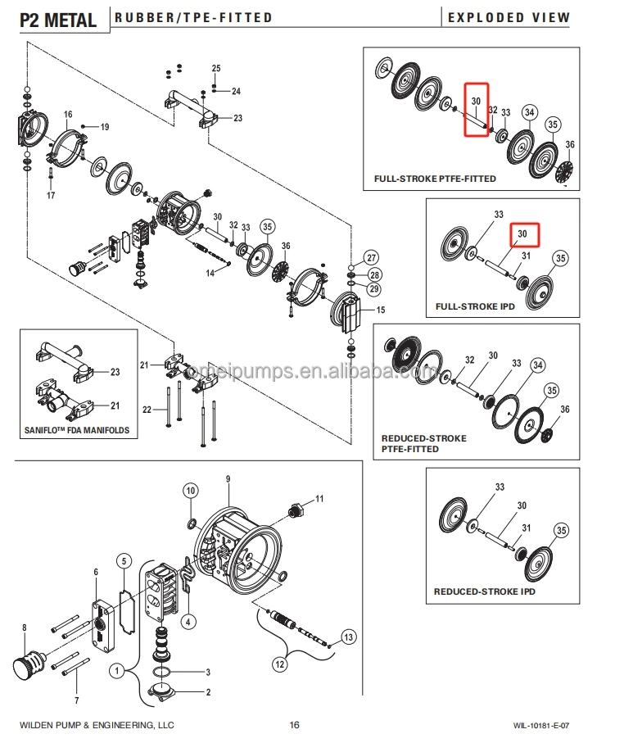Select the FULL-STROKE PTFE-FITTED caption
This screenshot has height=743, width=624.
point(435,179)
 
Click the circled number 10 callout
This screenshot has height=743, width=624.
point(190,491)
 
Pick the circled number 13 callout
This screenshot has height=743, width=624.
point(348,637)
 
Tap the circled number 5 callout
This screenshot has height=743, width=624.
point(123,561)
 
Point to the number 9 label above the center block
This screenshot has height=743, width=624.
point(228,478)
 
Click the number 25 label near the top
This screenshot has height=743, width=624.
point(217,68)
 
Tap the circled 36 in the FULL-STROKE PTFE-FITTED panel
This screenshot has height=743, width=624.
point(570,145)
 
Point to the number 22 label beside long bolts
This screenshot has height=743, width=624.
point(147,410)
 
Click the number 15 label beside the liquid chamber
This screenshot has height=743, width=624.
point(380,310)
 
